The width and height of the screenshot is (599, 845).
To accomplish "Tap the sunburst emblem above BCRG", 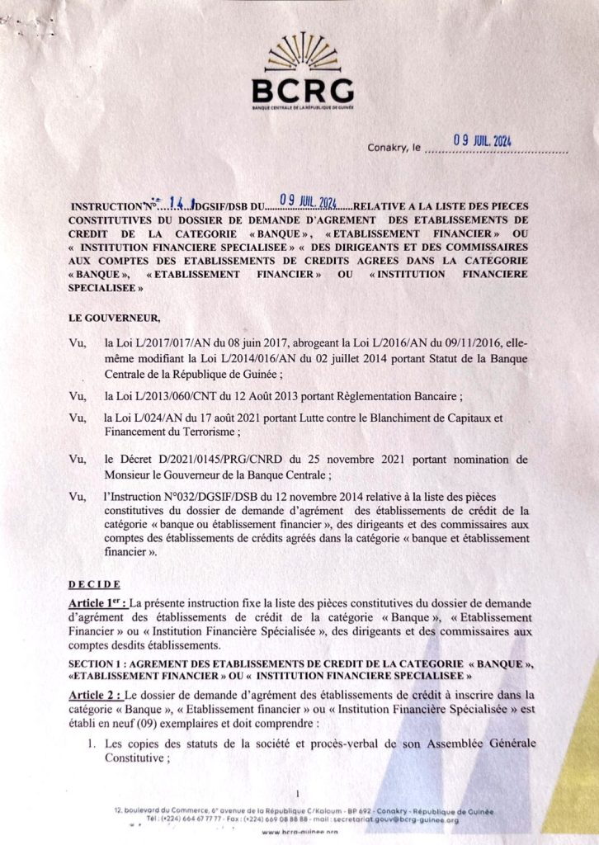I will [x=303, y=52].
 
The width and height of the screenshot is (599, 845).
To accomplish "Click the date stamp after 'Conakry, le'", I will [x=483, y=141].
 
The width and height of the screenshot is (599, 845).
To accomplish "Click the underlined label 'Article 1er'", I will [x=97, y=602].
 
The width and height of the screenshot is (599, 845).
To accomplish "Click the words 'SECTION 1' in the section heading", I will [x=97, y=663].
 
